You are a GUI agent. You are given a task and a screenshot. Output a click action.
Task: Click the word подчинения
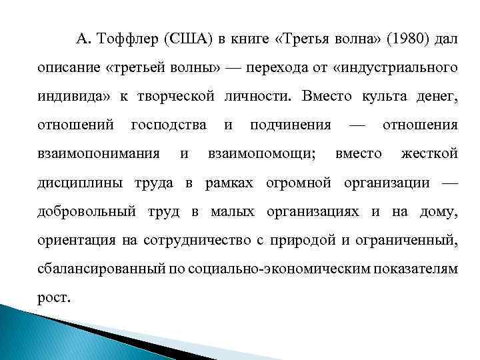tap(291, 125)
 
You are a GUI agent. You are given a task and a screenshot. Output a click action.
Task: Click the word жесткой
tap(429, 154)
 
